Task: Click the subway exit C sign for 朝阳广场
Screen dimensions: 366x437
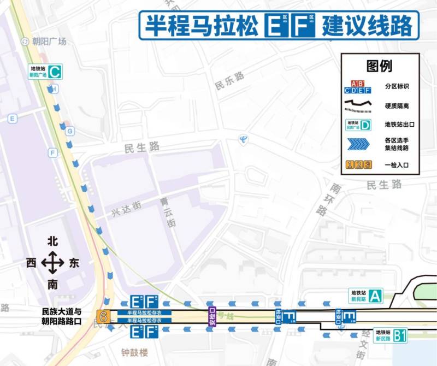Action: coord(45,71)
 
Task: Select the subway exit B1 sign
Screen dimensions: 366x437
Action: coord(391,335)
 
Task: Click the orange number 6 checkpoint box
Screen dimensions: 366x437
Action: coord(102,316)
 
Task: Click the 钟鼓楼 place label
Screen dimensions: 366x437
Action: coord(134,352)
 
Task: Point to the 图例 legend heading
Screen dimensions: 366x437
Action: coord(380,66)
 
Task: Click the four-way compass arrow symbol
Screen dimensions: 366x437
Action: coord(52,263)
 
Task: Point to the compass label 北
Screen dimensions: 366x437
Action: coord(52,241)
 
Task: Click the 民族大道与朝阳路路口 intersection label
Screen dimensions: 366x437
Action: coord(61,316)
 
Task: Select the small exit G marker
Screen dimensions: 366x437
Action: coord(70,131)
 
